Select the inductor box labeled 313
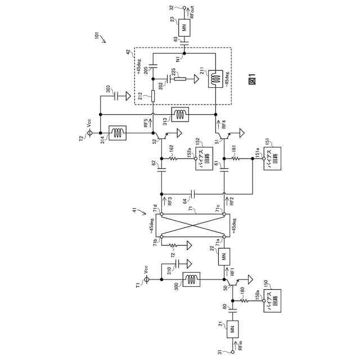tap(180, 114)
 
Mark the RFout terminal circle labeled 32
tap(185, 7)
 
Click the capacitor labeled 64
tap(193, 195)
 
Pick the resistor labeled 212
tap(152, 96)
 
